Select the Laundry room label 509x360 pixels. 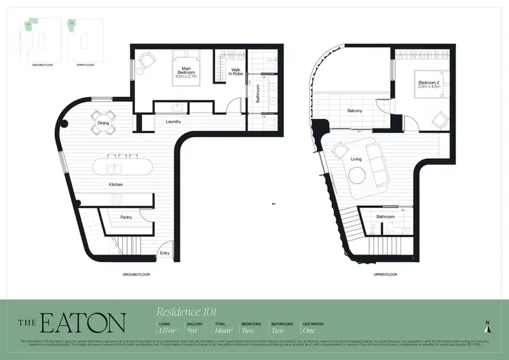(173, 122)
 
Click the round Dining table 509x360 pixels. (103, 122)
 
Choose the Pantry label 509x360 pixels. (126, 217)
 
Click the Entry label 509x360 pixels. (164, 253)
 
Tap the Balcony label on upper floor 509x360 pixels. (354, 111)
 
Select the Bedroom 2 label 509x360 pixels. (429, 84)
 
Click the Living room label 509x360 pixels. (356, 159)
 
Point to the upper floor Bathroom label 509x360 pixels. (386, 216)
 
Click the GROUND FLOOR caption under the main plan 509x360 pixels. (136, 274)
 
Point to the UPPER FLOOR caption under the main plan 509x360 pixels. (385, 274)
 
